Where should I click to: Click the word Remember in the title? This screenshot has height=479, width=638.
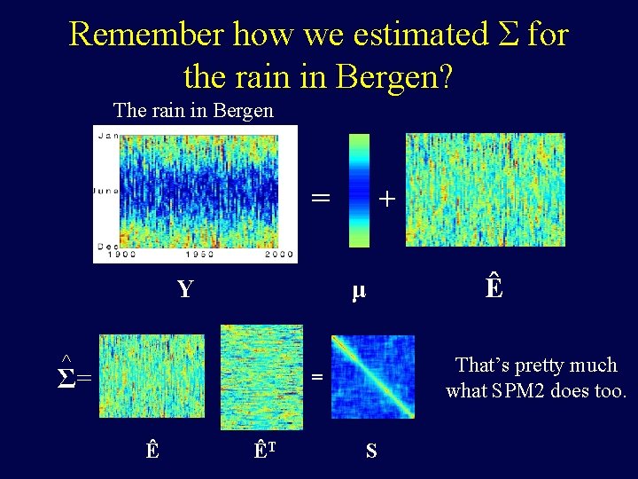146,35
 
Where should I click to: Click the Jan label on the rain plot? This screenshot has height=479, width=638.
107,136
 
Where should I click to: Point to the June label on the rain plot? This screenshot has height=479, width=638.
107,190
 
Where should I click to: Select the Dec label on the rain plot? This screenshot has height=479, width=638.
107,244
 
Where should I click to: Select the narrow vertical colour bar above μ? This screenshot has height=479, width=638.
359,190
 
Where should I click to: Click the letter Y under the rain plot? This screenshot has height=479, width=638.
184,289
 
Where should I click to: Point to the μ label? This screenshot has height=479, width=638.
358,290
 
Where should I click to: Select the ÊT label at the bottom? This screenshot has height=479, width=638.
263,450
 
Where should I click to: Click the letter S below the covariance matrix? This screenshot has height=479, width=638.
370,451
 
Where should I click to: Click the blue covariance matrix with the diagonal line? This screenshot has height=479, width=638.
372,376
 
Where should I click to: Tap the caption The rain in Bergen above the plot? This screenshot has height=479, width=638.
193,111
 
